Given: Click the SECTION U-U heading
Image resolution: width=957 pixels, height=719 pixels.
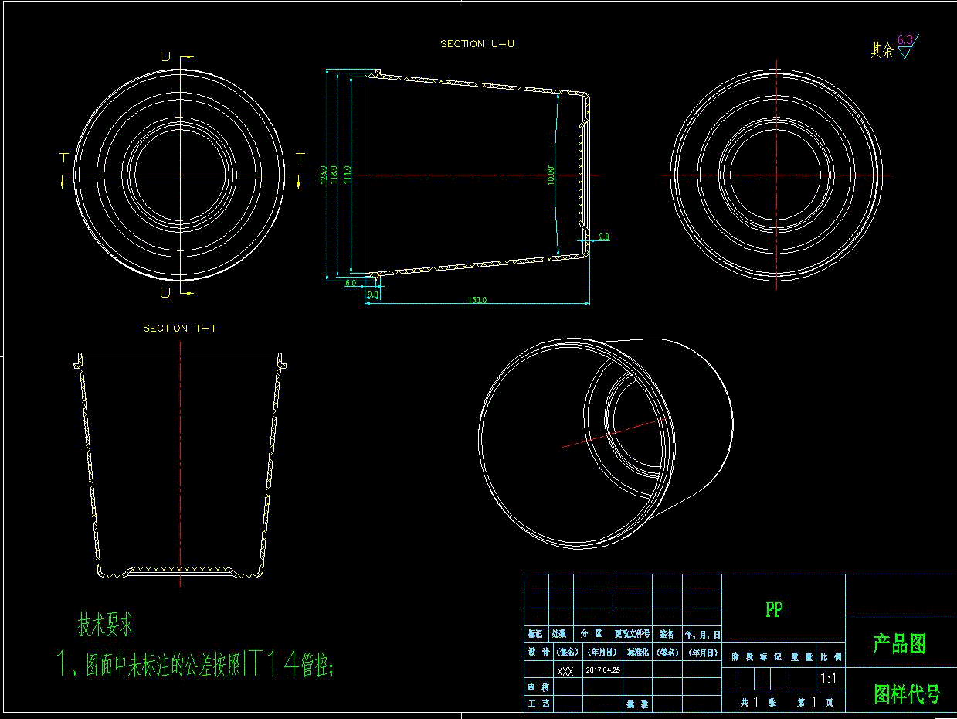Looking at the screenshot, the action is pyautogui.click(x=477, y=44).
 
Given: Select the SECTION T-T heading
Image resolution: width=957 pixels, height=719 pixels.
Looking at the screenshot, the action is pyautogui.click(x=180, y=329).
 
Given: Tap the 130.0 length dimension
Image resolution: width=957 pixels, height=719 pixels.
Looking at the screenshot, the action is pyautogui.click(x=477, y=300).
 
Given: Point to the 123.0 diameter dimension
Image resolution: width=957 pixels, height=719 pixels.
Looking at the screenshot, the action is pyautogui.click(x=324, y=174).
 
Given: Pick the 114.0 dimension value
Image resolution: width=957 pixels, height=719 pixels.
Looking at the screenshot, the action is pyautogui.click(x=348, y=174).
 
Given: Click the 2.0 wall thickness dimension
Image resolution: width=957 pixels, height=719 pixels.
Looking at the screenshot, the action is pyautogui.click(x=603, y=237).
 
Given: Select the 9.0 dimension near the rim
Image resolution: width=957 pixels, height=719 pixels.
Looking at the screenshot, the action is pyautogui.click(x=373, y=295).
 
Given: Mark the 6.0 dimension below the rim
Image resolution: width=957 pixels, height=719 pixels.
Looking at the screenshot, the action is pyautogui.click(x=351, y=283).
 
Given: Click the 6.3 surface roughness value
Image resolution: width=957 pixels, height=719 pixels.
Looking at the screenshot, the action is pyautogui.click(x=905, y=39).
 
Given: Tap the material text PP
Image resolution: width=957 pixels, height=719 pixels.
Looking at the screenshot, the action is pyautogui.click(x=774, y=610).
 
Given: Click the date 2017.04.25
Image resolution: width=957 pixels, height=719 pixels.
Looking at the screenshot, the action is pyautogui.click(x=603, y=670).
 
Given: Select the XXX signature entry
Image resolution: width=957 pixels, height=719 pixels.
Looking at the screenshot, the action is pyautogui.click(x=565, y=671).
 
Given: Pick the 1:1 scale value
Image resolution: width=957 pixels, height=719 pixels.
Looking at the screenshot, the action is pyautogui.click(x=830, y=679).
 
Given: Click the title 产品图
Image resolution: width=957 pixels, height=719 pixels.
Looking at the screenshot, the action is pyautogui.click(x=900, y=644).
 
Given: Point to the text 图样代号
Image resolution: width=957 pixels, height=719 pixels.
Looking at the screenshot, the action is pyautogui.click(x=907, y=694).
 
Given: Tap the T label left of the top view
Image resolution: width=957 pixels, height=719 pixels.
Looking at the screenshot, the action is pyautogui.click(x=64, y=158).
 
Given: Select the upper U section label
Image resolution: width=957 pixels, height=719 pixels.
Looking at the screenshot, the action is pyautogui.click(x=165, y=56).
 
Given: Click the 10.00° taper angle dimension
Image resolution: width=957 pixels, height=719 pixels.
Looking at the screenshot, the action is pyautogui.click(x=551, y=174).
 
